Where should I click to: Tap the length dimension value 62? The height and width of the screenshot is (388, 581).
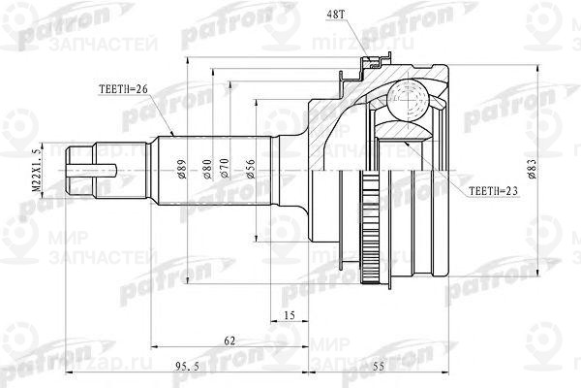(229, 339)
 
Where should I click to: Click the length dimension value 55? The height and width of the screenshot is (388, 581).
(381, 366)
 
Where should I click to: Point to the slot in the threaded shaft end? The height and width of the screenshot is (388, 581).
(102, 173)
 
